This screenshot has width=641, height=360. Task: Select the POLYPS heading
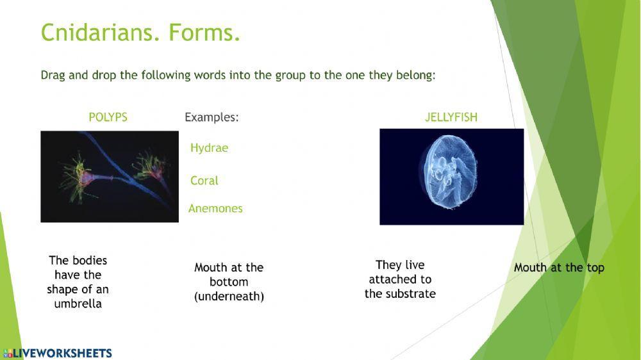[108, 117]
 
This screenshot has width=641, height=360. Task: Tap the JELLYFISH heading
[451, 117]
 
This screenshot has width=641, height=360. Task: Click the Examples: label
[212, 117]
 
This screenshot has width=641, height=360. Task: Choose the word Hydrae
[209, 148]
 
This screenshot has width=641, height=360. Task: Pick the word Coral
[204, 181]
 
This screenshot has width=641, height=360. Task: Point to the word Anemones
[215, 209]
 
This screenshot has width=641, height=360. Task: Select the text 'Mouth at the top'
[559, 268]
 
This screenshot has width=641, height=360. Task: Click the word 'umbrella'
[78, 304]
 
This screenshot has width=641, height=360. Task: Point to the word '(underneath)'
[229, 297]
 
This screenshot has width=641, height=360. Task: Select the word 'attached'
[400, 279]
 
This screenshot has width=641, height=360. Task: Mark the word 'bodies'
[89, 261]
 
